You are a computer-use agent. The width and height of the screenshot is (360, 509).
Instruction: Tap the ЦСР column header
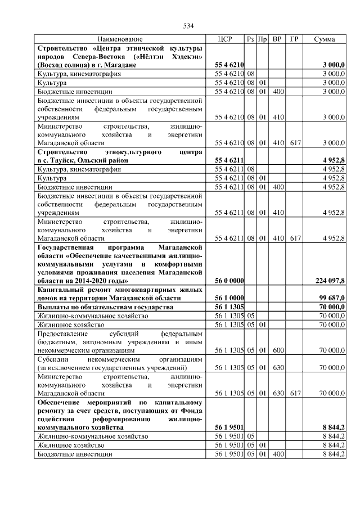pyautogui.click(x=225, y=39)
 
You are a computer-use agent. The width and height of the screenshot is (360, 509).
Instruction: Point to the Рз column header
pyautogui.click(x=250, y=39)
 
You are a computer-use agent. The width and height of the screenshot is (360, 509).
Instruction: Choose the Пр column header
pyautogui.click(x=262, y=39)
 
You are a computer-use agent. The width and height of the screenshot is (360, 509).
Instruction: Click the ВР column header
pyautogui.click(x=277, y=39)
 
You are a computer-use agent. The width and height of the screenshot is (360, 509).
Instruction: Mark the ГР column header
pyautogui.click(x=294, y=39)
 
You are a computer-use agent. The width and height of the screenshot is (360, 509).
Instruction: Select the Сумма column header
pyautogui.click(x=325, y=39)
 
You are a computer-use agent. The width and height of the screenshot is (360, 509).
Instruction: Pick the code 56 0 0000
pyautogui.click(x=229, y=280)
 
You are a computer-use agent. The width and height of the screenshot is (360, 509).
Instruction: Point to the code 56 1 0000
pyautogui.click(x=229, y=298)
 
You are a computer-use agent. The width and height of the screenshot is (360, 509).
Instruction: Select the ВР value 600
pyautogui.click(x=277, y=350)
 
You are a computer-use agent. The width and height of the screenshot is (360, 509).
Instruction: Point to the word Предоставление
pyautogui.click(x=64, y=333)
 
